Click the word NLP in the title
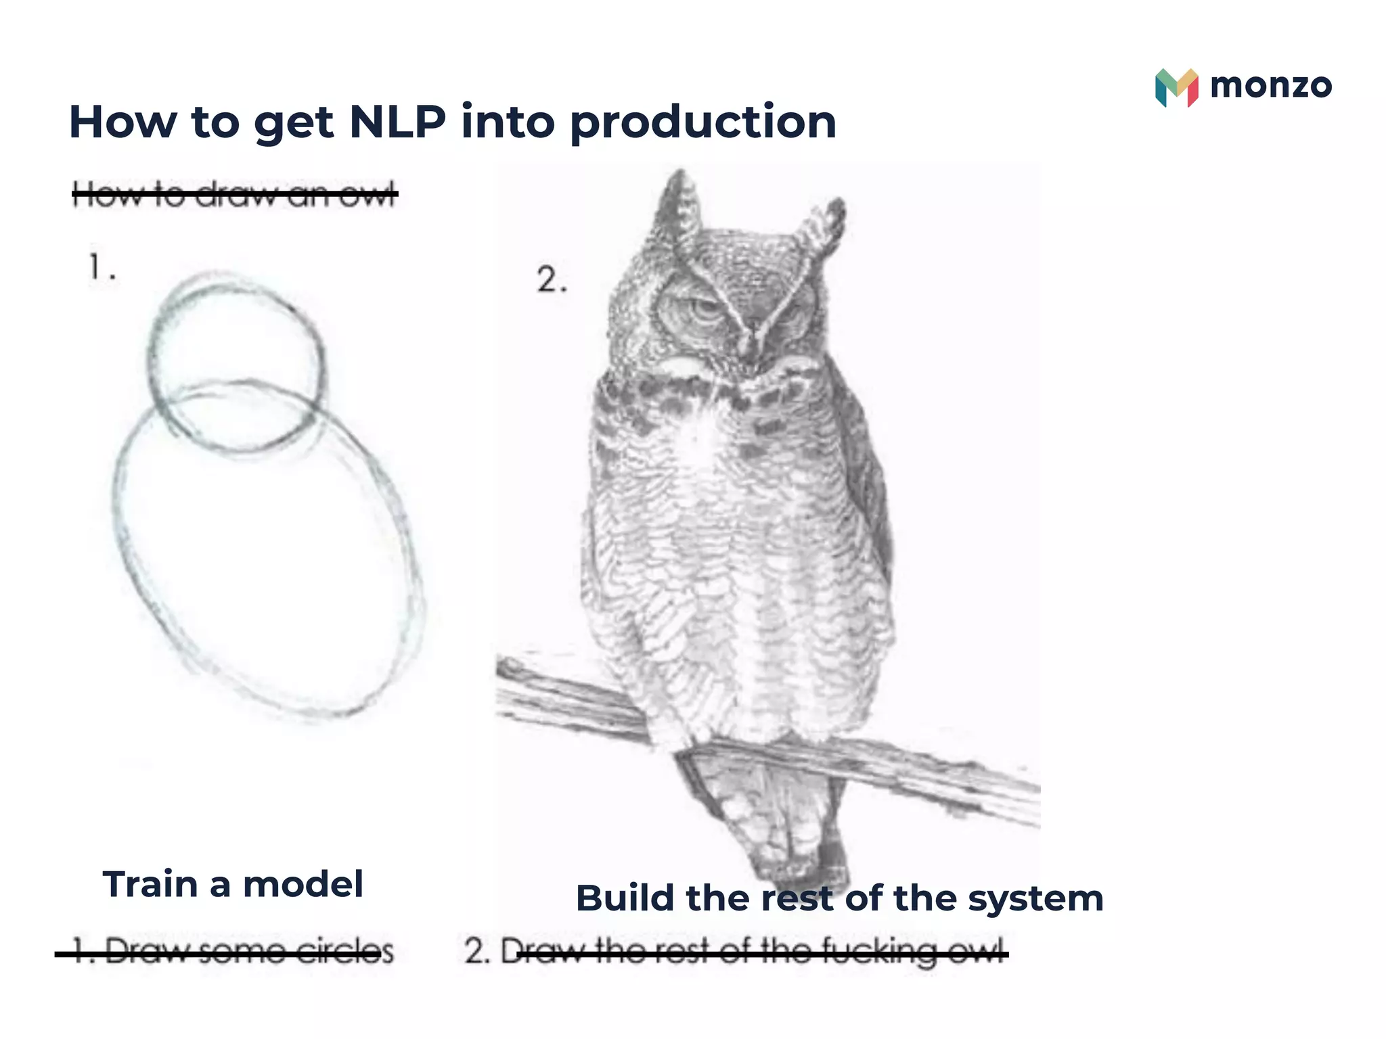[x=397, y=122]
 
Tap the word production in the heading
[x=703, y=123]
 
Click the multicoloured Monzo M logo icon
[x=1176, y=87]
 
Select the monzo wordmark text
[x=1270, y=86]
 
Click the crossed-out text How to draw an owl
[x=234, y=194]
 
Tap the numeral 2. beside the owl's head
[x=551, y=280]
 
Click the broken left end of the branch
[x=514, y=670]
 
